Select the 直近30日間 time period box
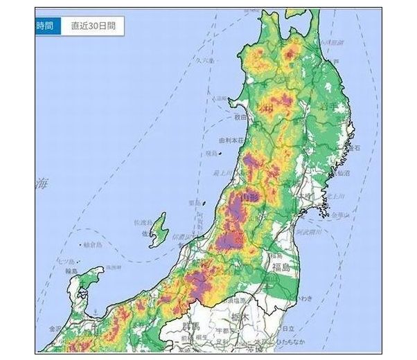click(93, 26)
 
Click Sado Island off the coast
click(159, 230)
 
